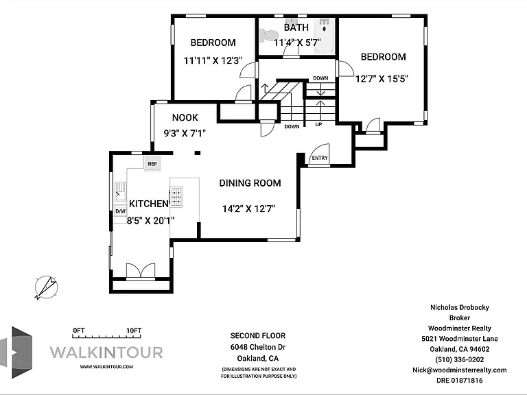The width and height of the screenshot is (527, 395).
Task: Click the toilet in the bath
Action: pos(270,36)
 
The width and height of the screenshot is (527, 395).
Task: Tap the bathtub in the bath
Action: pos(325,36)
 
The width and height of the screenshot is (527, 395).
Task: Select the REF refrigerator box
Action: pos(152,164)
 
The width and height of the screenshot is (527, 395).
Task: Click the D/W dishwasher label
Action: pos(120,211)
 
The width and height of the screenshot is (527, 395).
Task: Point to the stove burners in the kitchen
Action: pos(176,197)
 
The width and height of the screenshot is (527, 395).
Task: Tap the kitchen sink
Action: pos(121,191)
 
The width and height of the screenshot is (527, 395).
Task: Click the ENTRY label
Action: pos(320,158)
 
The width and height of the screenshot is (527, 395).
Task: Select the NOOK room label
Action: pos(185,117)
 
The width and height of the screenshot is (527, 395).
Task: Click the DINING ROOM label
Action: pos(250,183)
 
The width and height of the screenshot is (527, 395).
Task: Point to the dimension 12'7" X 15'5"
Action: pos(382,79)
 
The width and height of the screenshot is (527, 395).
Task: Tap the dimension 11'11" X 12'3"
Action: pos(213,60)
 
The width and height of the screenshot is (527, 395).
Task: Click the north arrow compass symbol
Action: pos(46,287)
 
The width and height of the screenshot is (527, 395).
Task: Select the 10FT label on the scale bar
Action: pos(134,331)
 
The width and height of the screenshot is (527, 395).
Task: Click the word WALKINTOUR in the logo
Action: pos(106,352)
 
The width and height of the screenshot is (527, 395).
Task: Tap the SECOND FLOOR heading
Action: pos(258,335)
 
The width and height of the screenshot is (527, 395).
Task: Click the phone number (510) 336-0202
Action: pos(460,359)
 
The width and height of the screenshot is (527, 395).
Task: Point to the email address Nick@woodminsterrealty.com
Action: pos(460,370)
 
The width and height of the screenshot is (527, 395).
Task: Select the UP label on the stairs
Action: pos(318,125)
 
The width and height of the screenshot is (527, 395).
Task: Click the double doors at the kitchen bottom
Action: pos(141,271)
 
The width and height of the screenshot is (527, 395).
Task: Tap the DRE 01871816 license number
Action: pos(460,381)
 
